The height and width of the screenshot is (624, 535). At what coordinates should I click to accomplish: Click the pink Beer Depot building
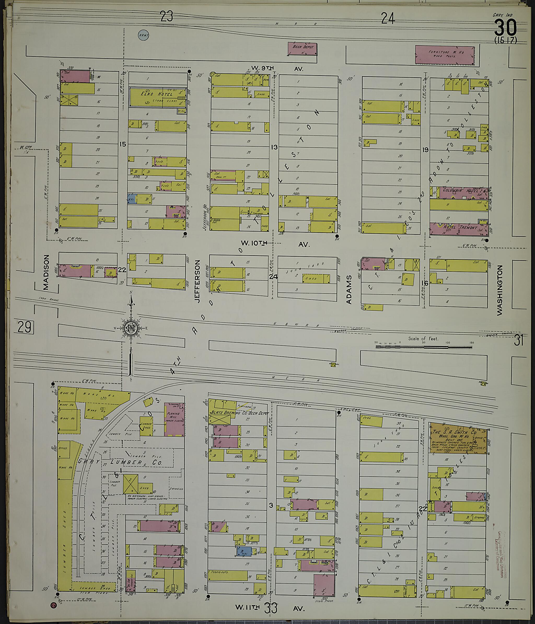303,49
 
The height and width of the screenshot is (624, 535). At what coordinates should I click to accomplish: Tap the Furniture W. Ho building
445,55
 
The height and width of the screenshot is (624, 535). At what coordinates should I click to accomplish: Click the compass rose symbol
131,328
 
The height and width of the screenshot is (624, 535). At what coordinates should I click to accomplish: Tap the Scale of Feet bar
424,347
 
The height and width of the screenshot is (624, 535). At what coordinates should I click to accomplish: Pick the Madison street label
46,272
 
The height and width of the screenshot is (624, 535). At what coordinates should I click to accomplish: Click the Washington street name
500,290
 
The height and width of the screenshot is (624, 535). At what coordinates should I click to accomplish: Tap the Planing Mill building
174,419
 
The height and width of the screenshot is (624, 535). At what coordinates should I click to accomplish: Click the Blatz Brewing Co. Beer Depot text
239,413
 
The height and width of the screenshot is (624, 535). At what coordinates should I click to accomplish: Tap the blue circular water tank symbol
144,36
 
